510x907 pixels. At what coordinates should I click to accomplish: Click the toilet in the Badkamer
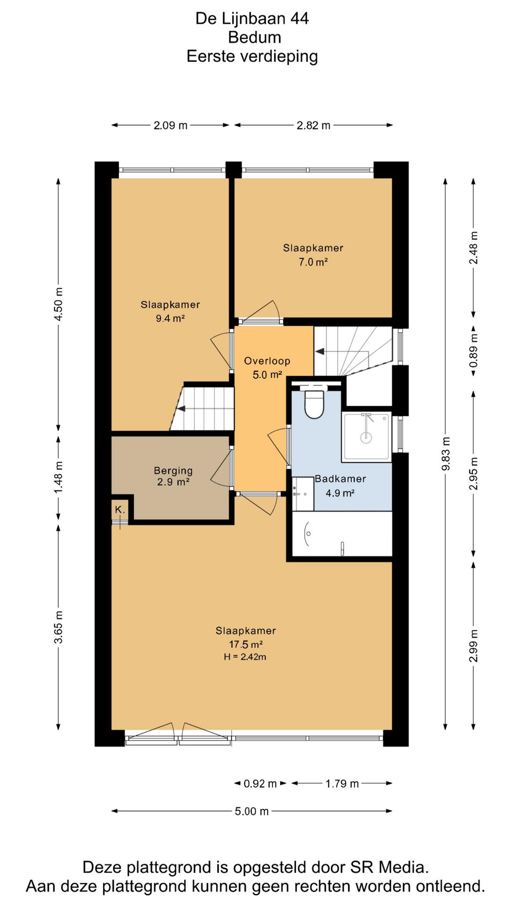314,402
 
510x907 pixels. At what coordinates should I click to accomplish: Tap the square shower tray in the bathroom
366,436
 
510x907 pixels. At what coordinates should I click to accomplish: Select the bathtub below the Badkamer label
342,534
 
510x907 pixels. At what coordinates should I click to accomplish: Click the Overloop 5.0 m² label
267,368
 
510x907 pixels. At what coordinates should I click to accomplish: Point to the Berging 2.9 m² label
173,476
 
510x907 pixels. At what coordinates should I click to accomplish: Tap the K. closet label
120,510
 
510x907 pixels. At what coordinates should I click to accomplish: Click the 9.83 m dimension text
446,454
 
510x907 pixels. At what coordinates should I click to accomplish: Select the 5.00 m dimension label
252,811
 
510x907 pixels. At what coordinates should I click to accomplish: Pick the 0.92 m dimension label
260,784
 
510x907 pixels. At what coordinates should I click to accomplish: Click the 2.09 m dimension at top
170,125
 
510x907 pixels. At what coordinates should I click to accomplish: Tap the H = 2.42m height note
245,657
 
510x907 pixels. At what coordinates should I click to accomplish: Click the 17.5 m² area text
246,644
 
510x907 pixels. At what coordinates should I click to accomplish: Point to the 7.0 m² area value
313,262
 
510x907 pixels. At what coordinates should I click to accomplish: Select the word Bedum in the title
255,37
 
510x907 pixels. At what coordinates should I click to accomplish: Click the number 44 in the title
299,18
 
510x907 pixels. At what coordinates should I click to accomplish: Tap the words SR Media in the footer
388,867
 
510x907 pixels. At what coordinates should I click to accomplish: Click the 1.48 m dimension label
59,478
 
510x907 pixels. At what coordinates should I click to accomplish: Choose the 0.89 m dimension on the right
474,351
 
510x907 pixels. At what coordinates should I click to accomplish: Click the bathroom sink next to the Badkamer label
303,494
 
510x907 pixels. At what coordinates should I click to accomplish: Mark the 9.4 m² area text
170,318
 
